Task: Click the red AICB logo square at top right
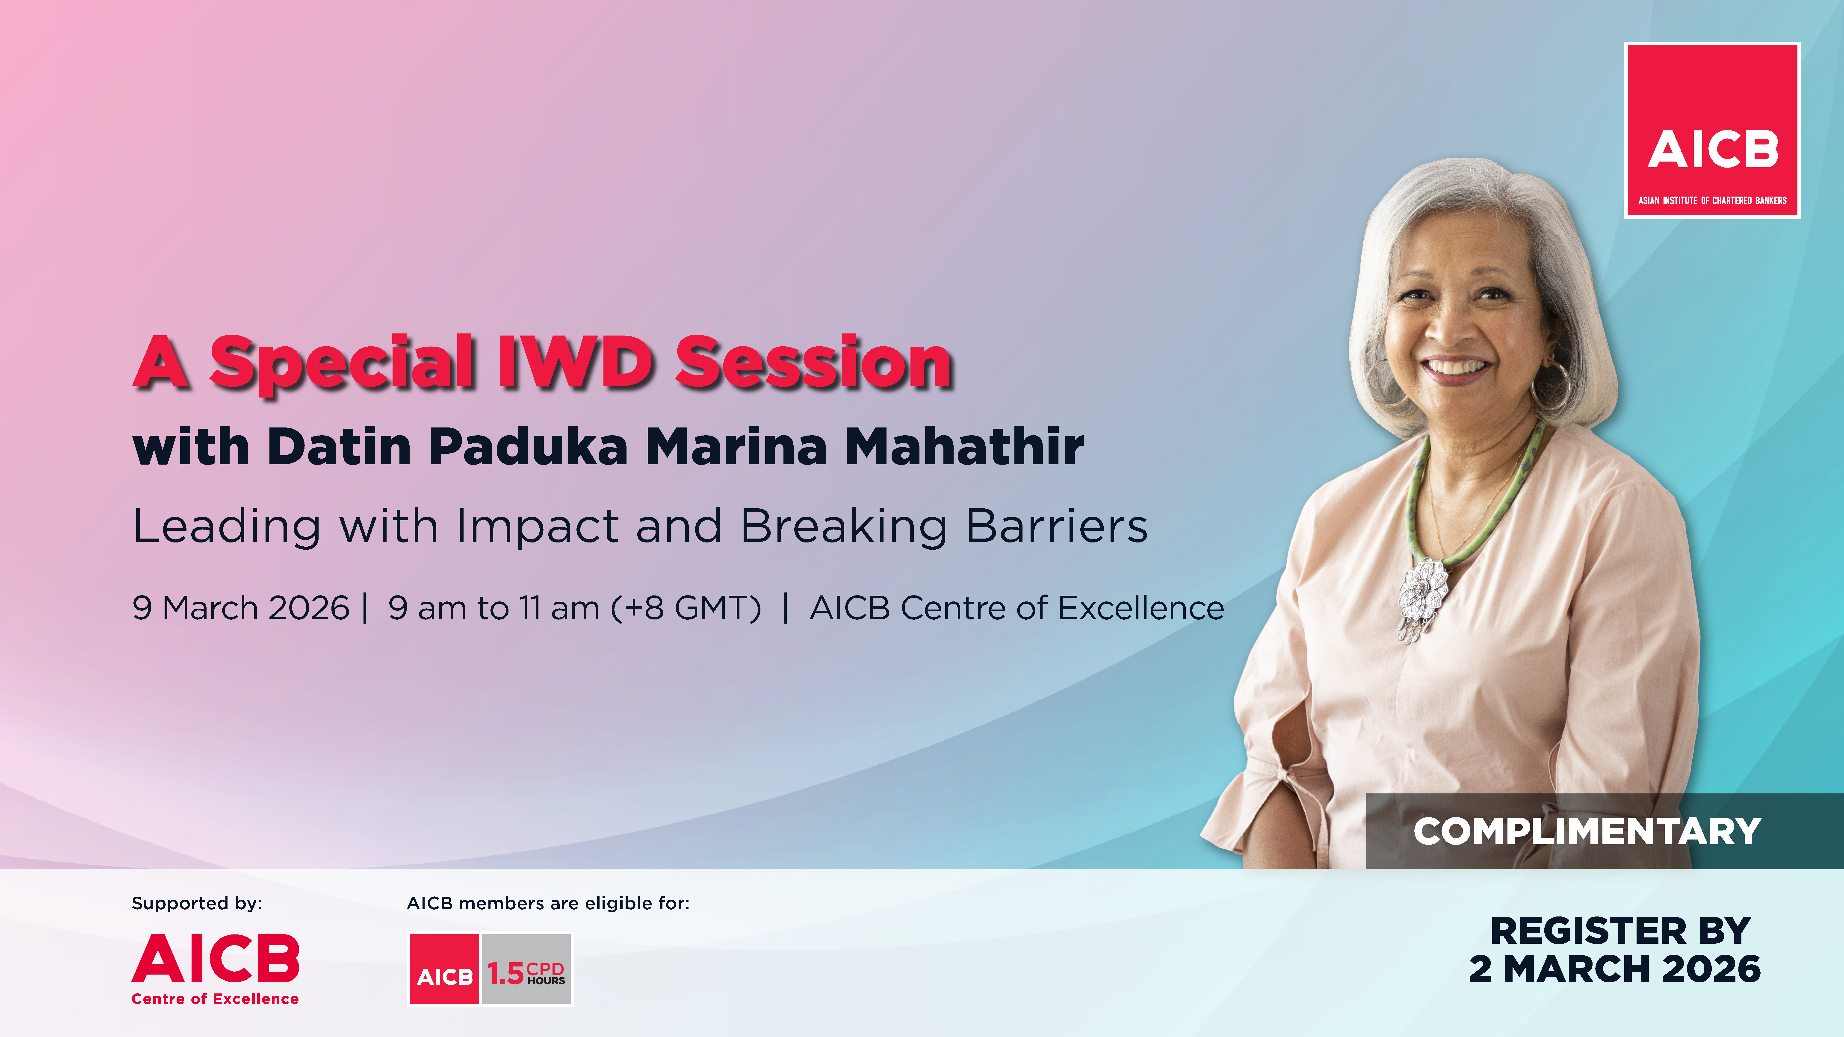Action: (1712, 130)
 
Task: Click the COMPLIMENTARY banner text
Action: (1587, 831)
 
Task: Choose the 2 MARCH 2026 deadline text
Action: (1614, 969)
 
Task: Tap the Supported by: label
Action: (197, 903)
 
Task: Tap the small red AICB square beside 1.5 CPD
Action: (445, 969)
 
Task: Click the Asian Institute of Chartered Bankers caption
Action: (1712, 200)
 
